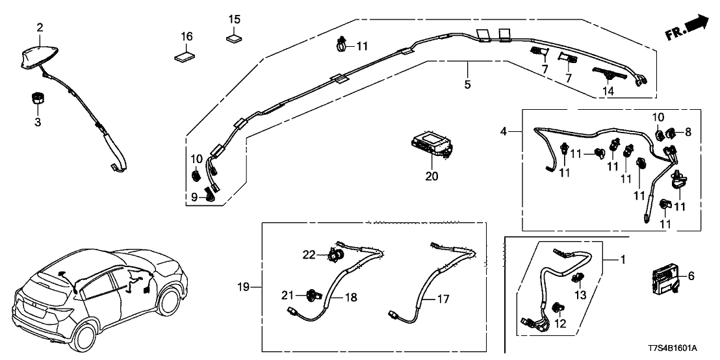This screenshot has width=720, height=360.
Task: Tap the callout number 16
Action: (186, 37)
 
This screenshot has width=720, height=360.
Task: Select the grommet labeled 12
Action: (557, 307)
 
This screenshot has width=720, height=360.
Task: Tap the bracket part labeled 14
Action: (608, 73)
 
